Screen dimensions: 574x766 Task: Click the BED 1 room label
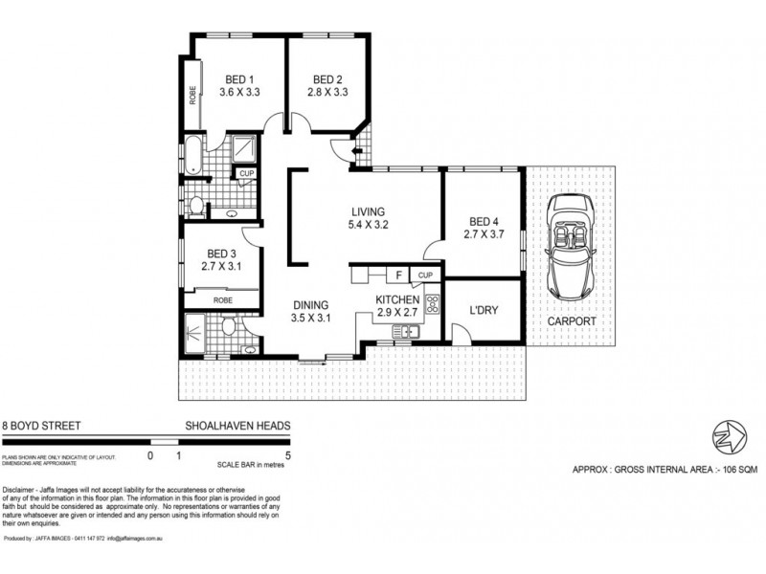(239, 78)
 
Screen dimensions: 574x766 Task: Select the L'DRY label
(483, 311)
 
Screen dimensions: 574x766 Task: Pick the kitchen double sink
(403, 332)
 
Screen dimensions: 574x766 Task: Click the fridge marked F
(397, 276)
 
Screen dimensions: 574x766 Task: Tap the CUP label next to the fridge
(425, 276)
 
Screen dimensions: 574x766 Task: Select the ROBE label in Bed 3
(222, 299)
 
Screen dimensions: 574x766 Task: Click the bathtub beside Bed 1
(194, 156)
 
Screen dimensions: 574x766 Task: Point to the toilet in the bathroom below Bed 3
(226, 329)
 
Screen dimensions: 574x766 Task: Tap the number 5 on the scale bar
(288, 455)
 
